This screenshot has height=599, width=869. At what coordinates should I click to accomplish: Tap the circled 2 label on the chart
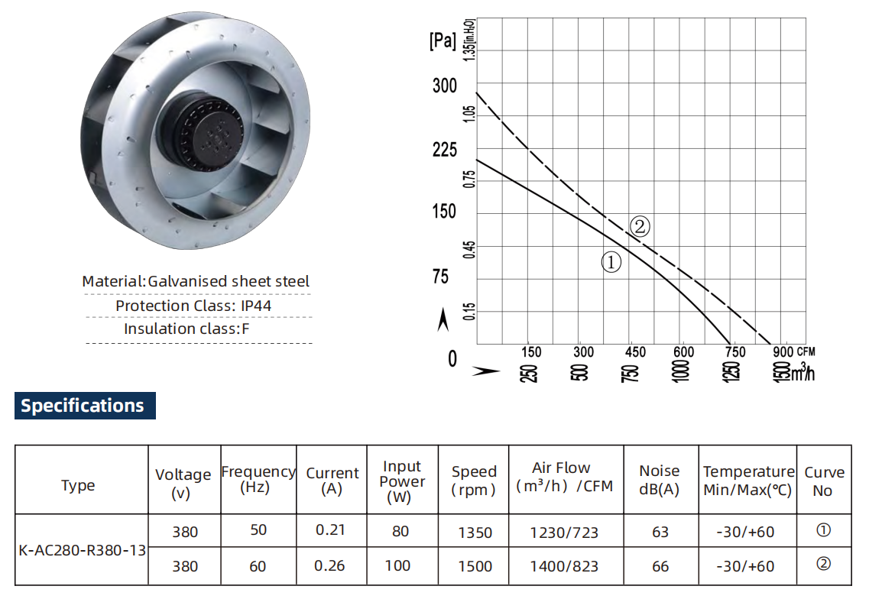pos(640,226)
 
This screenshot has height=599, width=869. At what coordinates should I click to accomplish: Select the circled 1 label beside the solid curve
pos(611,262)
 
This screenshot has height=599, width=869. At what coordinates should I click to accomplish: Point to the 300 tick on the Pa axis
pos(445,86)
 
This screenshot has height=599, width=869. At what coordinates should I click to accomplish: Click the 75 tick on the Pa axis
pos(440,276)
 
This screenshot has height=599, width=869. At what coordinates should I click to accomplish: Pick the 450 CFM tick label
pos(635,352)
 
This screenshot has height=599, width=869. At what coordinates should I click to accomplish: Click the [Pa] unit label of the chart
pos(443,41)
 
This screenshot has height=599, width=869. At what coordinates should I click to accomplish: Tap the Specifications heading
pos(83,406)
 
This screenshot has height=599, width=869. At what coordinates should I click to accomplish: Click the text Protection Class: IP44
pos(193,306)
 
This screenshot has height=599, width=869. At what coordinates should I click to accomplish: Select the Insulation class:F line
pos(186,329)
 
